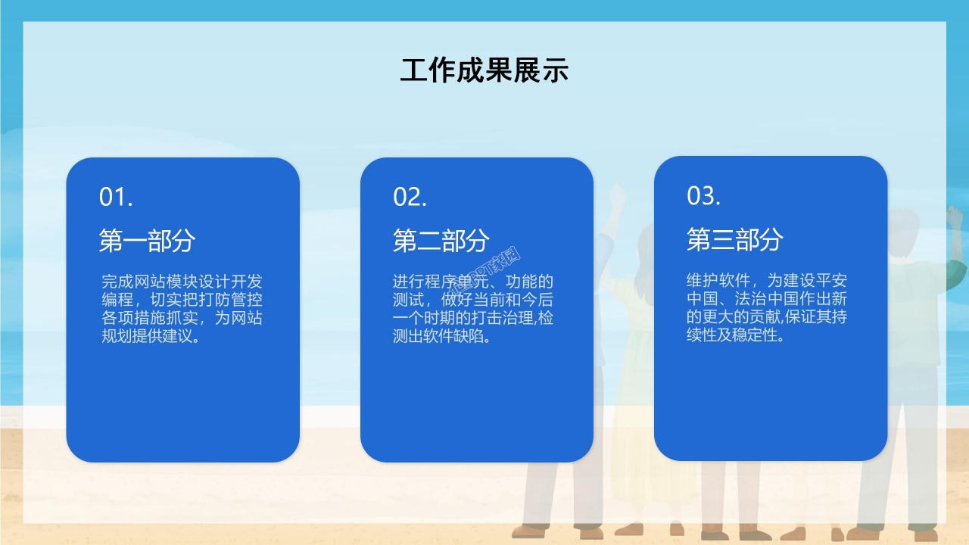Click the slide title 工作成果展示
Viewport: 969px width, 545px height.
(x=484, y=70)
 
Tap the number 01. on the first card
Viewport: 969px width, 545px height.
(x=117, y=198)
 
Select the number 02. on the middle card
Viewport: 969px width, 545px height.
(x=410, y=198)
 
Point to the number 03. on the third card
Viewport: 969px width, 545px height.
(x=704, y=196)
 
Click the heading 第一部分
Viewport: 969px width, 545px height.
(x=148, y=241)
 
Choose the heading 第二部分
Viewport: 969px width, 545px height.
(x=441, y=241)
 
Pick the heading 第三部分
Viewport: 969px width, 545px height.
(x=735, y=239)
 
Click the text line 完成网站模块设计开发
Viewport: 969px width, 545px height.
(x=182, y=282)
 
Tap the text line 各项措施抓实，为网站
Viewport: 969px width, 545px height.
(x=182, y=318)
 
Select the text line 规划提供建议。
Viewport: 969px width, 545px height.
(x=151, y=336)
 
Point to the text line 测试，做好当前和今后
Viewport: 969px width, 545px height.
(x=472, y=300)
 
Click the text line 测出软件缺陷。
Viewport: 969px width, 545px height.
(x=442, y=336)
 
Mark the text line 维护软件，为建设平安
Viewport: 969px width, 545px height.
(x=766, y=280)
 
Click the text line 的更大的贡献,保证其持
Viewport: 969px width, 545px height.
(x=766, y=316)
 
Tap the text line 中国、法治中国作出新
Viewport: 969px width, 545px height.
(x=766, y=298)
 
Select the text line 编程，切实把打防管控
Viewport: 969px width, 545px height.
(x=182, y=300)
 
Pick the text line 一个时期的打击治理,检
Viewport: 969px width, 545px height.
(x=472, y=318)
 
